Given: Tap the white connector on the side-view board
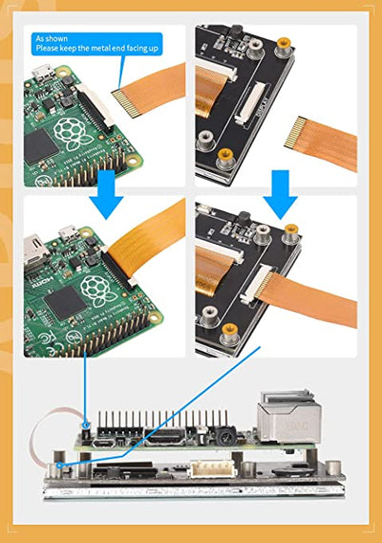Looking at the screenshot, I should (209, 468).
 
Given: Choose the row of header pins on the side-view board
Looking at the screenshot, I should (162, 422).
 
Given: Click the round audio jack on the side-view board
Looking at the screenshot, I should (223, 435).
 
